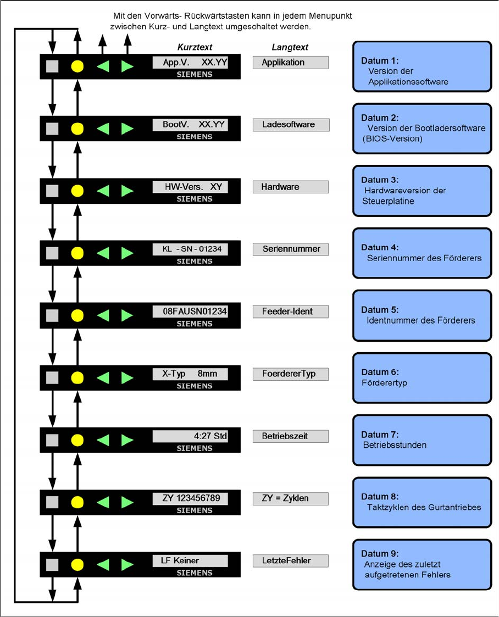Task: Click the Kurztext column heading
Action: [x=195, y=47]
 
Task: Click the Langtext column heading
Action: [x=290, y=47]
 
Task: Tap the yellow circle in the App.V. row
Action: [x=77, y=66]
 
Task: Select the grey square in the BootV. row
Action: [x=52, y=129]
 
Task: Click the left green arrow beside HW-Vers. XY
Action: [x=103, y=191]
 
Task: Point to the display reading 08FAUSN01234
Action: [x=190, y=312]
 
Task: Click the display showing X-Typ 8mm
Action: [x=190, y=374]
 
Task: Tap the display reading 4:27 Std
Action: [x=190, y=436]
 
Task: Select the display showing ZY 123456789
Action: [x=190, y=498]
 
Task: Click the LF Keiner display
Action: [x=190, y=561]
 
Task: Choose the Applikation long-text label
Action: [x=290, y=62]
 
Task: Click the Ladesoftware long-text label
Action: [x=291, y=125]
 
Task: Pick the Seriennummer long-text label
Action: [x=291, y=249]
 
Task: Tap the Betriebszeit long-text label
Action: [x=291, y=436]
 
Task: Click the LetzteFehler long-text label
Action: [x=291, y=561]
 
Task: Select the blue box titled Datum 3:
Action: [x=422, y=191]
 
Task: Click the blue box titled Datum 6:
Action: [x=422, y=377]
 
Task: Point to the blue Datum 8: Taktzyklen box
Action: [x=422, y=502]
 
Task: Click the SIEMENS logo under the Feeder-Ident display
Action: [x=195, y=324]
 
